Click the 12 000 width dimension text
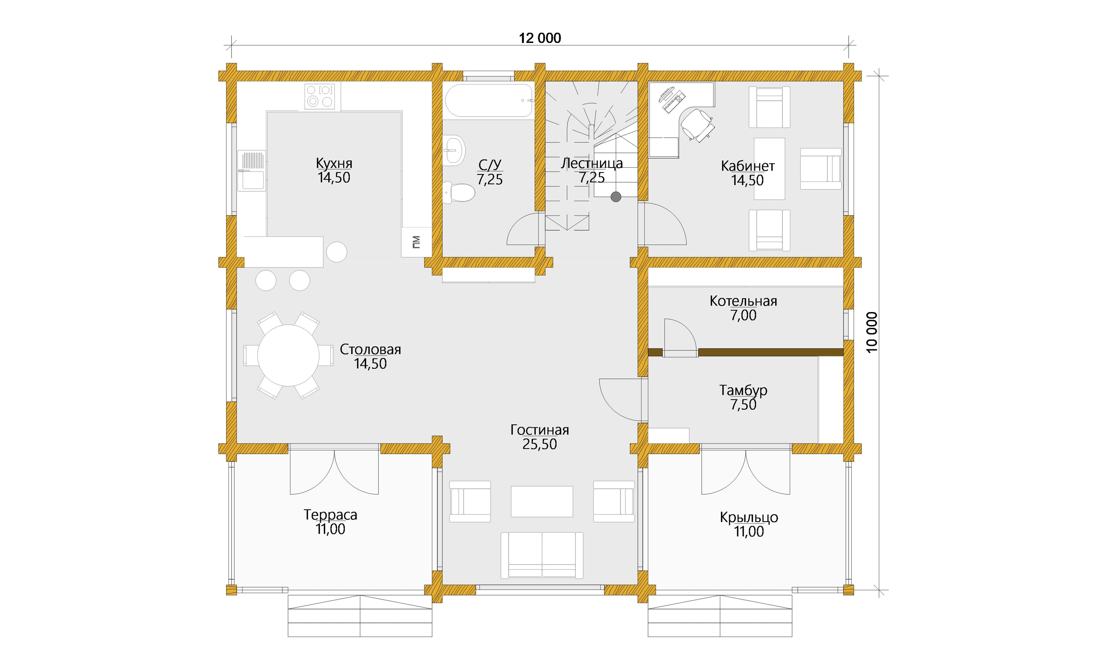coord(540,38)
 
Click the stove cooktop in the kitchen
coord(319,96)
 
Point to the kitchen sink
coord(252,171)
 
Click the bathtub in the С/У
coord(489,100)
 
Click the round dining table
coord(288,355)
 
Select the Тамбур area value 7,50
coord(743,405)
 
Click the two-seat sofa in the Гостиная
coord(542,555)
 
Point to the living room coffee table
coord(542,501)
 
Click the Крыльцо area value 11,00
coord(749,532)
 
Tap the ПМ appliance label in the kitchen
coord(416,242)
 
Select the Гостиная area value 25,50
coord(540,444)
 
